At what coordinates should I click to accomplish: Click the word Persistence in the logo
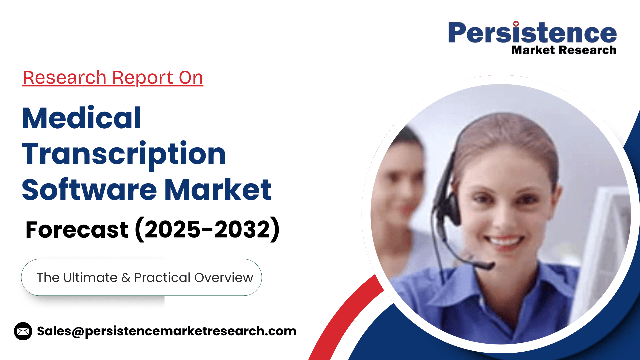click(x=532, y=33)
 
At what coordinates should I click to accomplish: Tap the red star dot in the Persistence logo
click(x=516, y=24)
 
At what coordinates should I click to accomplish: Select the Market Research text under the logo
click(x=564, y=50)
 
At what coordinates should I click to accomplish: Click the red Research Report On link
click(x=113, y=78)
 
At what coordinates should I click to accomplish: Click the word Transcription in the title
click(x=124, y=154)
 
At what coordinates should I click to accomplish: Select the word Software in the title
click(x=89, y=190)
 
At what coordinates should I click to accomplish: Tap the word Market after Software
click(x=218, y=190)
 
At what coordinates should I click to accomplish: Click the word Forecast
click(x=77, y=230)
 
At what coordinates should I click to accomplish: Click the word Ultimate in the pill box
click(x=90, y=278)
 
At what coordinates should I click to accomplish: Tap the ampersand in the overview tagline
click(x=126, y=278)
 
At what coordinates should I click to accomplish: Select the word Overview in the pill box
click(x=224, y=278)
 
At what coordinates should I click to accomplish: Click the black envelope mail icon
click(x=23, y=331)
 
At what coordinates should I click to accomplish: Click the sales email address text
click(x=167, y=331)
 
